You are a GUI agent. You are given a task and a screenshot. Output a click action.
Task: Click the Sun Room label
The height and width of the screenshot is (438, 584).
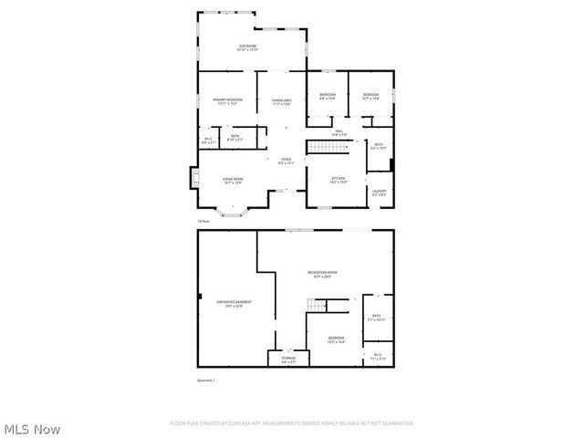coord(248,47)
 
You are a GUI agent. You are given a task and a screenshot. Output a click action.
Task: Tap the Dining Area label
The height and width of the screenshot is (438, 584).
coord(281,101)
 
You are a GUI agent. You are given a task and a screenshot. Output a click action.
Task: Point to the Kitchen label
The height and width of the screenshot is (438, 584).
coord(337,180)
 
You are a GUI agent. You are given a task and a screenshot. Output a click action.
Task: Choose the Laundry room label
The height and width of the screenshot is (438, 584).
coord(380,193)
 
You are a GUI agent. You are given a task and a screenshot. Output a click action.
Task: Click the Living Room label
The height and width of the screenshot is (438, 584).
coord(234,181)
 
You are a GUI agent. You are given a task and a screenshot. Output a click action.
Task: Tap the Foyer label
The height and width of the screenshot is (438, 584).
coord(286,161)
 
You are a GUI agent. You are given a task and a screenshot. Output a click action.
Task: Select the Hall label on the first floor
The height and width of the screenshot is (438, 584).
coord(338,133)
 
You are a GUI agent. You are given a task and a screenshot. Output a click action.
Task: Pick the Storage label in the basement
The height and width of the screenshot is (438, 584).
coord(288,360)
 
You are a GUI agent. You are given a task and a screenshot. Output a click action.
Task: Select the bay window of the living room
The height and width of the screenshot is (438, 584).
coord(235,213)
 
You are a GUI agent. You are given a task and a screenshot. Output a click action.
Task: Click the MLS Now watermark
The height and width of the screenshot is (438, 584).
coord(32,428)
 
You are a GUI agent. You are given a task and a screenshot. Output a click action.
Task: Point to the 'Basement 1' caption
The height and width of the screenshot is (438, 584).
coord(206,379)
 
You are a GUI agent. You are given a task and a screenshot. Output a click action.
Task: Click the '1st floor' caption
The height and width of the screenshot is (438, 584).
coord(203,222)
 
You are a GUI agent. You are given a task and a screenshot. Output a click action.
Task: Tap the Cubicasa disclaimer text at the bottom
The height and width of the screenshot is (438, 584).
coord(292,423)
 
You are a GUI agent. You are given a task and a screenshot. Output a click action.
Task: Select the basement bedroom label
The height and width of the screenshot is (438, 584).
coord(337,341)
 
